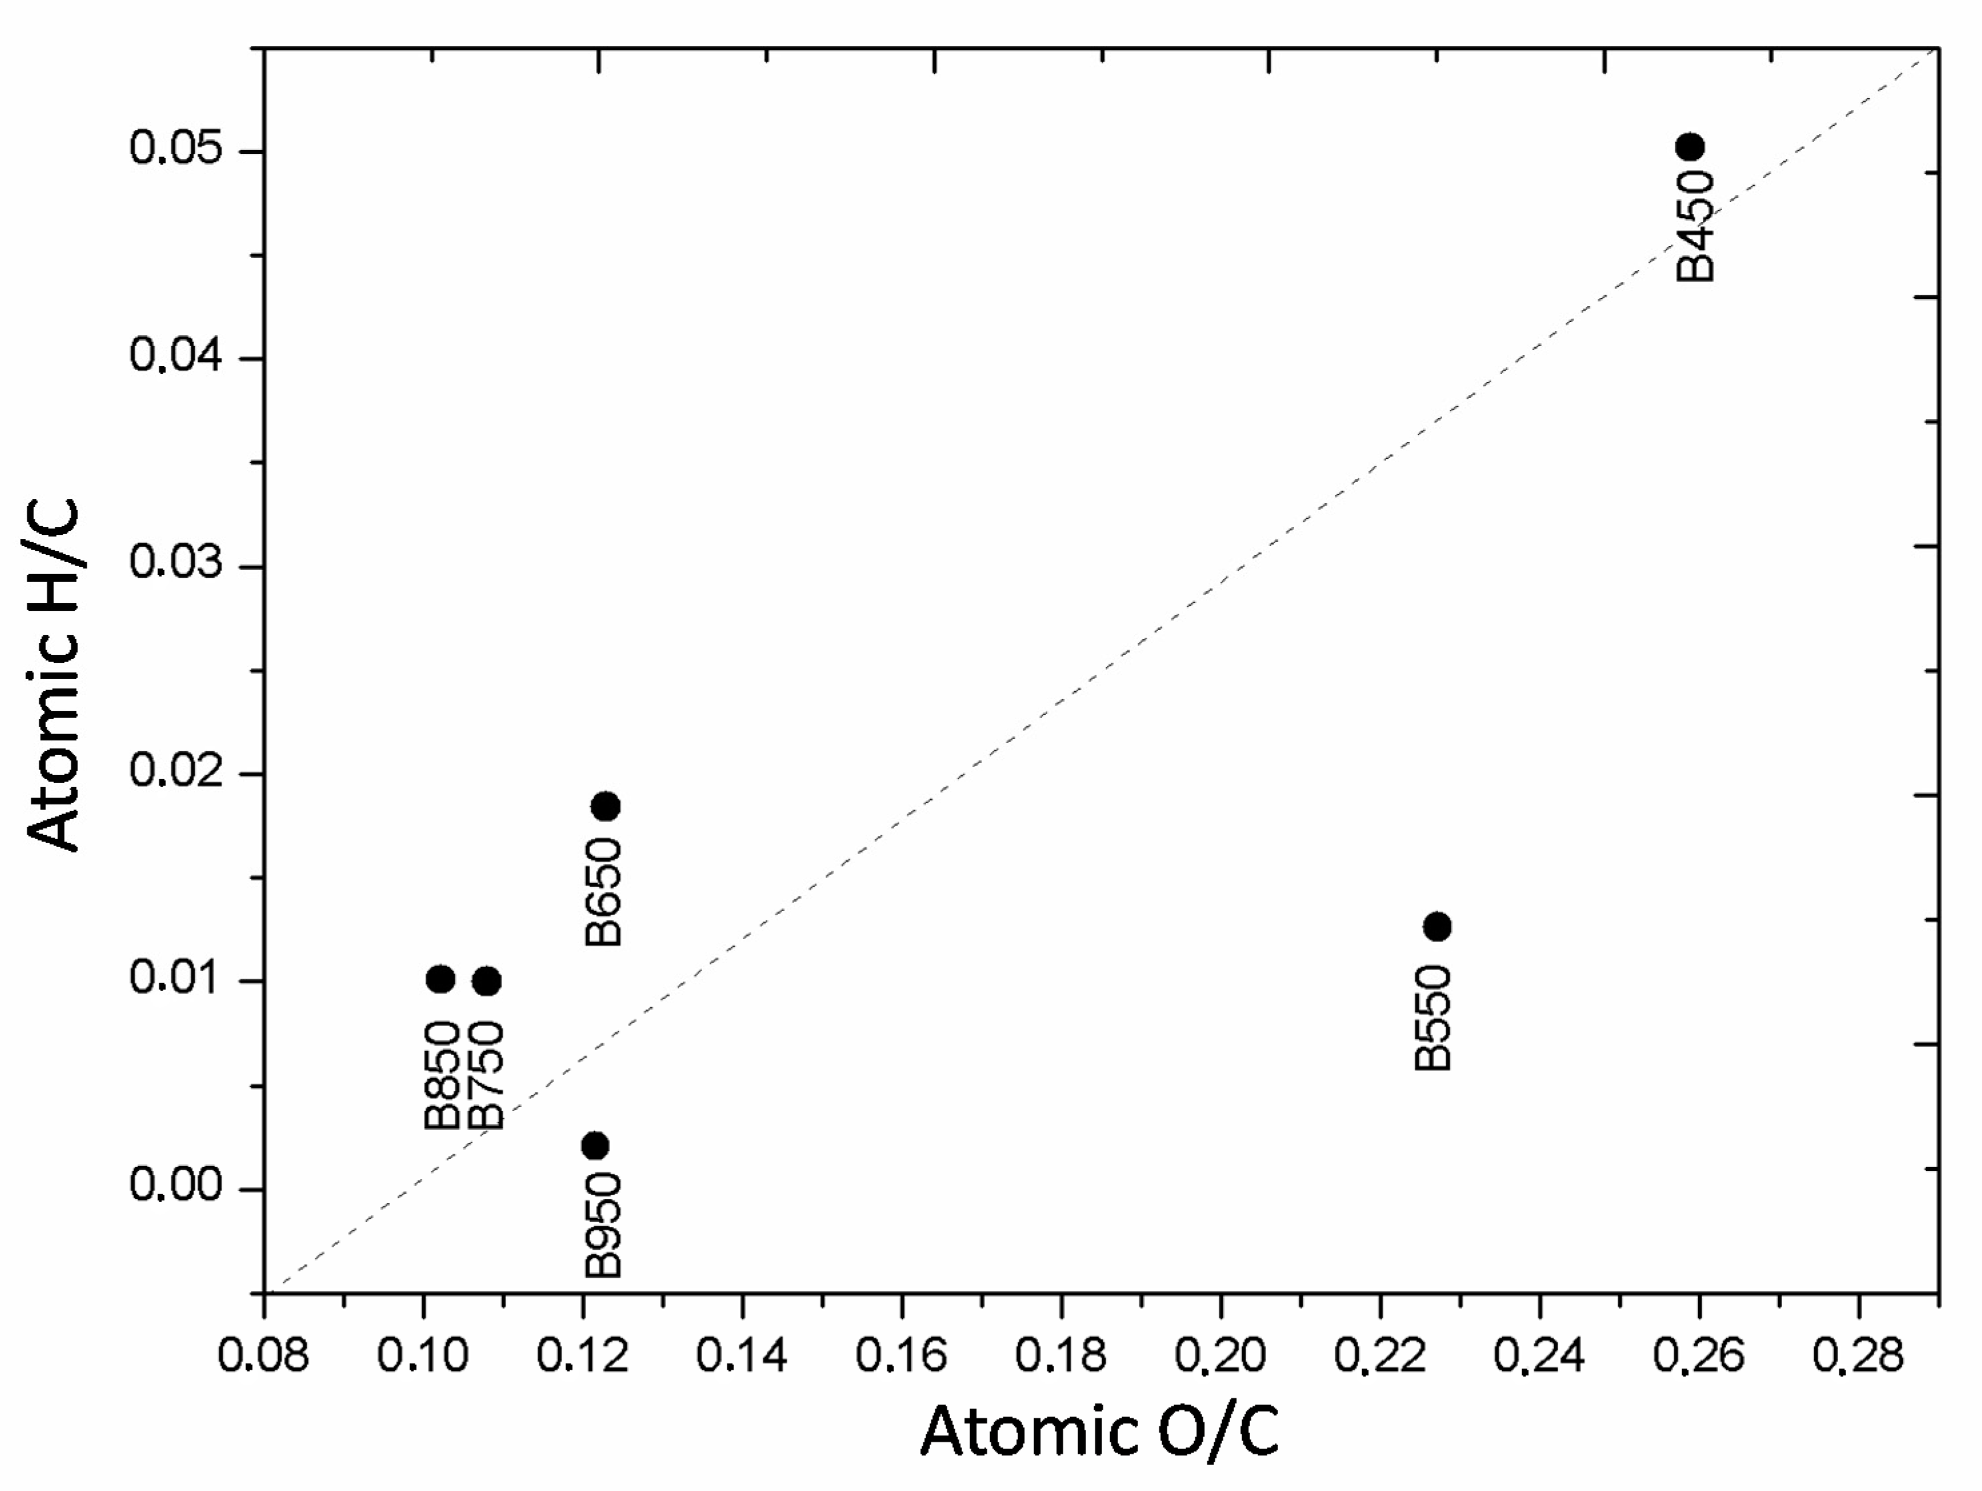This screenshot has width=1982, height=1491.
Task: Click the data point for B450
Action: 1689,147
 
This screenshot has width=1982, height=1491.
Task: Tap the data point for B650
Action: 606,806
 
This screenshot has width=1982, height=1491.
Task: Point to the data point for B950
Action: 595,1146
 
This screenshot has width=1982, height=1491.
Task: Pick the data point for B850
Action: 440,979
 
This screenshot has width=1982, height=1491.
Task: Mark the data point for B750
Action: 487,981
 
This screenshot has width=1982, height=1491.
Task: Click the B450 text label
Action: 1695,227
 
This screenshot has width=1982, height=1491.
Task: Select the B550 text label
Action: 1433,1017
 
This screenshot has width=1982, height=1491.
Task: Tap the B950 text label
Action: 603,1225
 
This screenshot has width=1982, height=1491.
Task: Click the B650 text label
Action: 603,893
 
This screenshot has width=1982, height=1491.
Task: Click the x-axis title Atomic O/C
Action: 1099,1432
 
